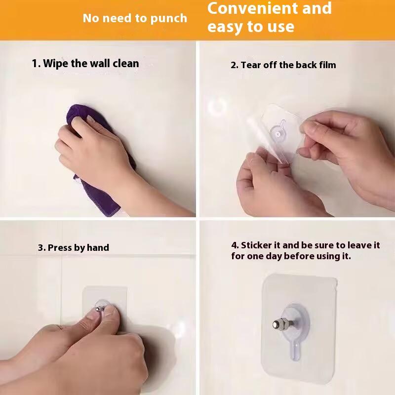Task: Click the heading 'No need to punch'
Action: (x=135, y=19)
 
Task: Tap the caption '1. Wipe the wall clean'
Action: (x=85, y=64)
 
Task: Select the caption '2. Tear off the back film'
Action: (x=283, y=65)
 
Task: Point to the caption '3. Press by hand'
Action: (x=74, y=248)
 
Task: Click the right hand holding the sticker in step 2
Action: (x=341, y=148)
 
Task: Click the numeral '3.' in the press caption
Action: (x=42, y=248)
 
